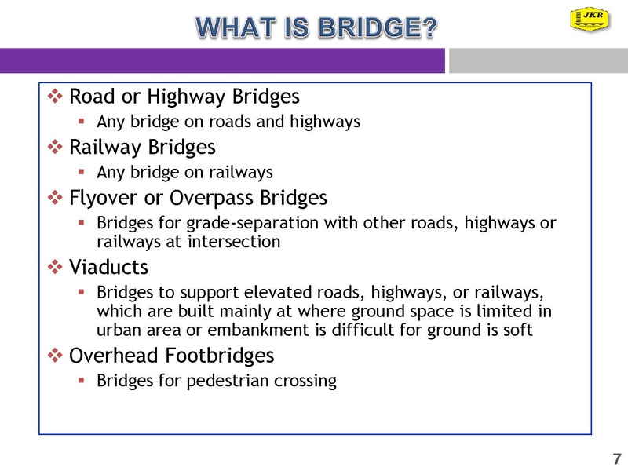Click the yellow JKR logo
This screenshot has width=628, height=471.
(590, 19)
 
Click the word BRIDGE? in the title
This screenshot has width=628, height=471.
(378, 27)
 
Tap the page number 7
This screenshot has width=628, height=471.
(617, 458)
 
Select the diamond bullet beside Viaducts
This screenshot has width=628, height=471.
(55, 267)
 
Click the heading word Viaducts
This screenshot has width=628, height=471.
(108, 267)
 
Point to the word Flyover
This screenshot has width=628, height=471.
(103, 199)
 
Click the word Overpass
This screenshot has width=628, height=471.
(211, 199)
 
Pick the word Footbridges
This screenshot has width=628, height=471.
(220, 356)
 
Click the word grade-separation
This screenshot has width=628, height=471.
(252, 223)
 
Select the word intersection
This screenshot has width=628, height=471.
(234, 242)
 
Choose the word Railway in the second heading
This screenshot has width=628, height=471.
(104, 148)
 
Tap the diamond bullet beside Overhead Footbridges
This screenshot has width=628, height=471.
(55, 355)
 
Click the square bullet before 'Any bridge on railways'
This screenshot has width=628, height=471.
(82, 172)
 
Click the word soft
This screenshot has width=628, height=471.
(518, 330)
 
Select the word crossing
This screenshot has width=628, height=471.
(305, 381)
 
